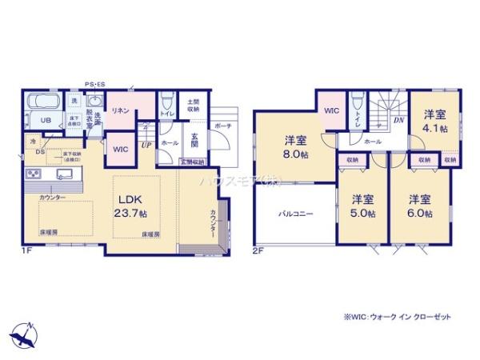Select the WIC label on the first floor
click(x=120, y=149)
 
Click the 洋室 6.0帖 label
click(x=419, y=206)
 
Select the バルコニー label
click(x=295, y=214)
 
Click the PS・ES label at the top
click(x=95, y=82)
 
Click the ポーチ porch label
click(x=222, y=126)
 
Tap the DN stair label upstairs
click(x=398, y=121)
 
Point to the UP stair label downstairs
click(x=146, y=145)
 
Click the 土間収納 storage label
click(x=194, y=105)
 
